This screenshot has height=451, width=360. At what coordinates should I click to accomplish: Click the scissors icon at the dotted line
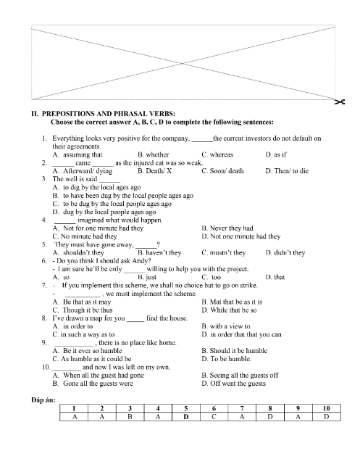(x=338, y=102)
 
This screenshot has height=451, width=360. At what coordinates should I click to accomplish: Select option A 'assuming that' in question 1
(x=78, y=154)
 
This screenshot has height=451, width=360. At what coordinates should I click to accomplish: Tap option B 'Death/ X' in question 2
(x=154, y=170)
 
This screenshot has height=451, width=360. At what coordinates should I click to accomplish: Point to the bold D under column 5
(x=186, y=416)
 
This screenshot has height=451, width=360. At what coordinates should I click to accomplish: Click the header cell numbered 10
(x=326, y=408)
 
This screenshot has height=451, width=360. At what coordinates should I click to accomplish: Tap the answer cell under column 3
(x=130, y=416)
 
